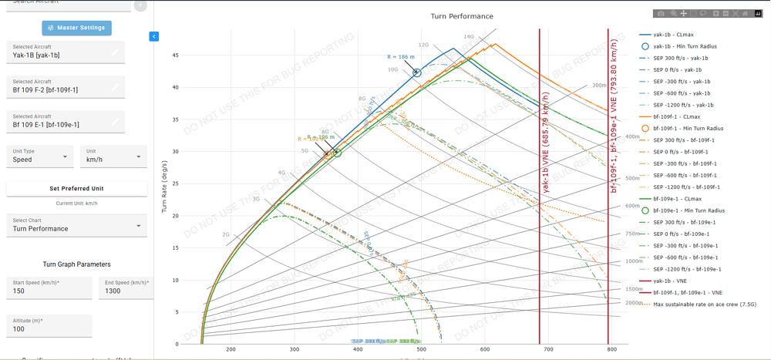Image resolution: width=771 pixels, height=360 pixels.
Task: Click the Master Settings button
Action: [x=76, y=28]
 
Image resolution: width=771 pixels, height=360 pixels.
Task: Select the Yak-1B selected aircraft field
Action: [x=65, y=52]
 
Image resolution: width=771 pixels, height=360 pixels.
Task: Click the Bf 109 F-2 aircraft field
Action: [x=65, y=87]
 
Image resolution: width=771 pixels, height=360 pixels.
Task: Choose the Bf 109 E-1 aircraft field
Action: [x=65, y=122]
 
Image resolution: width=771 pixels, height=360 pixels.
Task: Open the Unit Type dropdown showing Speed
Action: [x=39, y=156]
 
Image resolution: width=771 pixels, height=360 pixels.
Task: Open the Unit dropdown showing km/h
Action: [x=113, y=156]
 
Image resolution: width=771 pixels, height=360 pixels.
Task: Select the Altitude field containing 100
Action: [x=49, y=326]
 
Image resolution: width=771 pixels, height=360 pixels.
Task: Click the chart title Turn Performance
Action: [x=462, y=16]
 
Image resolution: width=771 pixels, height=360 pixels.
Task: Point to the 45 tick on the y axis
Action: [x=176, y=56]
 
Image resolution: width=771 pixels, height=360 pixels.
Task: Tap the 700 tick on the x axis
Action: [x=548, y=350]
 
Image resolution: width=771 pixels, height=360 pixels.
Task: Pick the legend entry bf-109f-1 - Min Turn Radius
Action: [x=688, y=129]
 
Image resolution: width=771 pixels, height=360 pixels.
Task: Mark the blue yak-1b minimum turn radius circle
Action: [x=417, y=72]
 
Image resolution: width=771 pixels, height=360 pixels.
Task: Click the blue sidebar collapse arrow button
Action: [x=154, y=36]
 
